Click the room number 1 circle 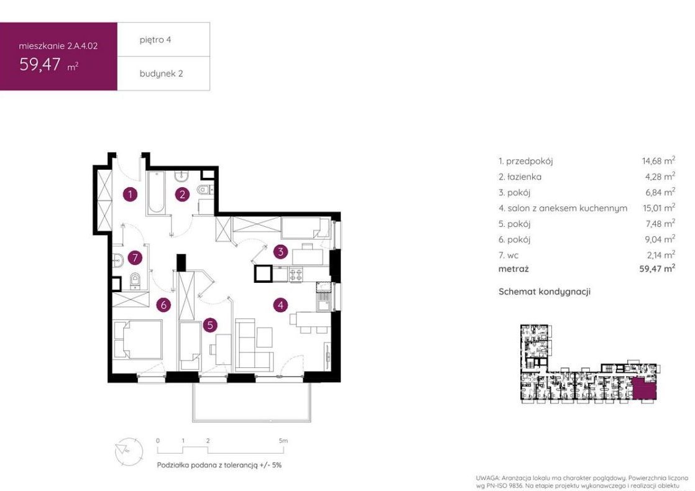coord(130,194)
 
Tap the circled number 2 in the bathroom coord(182,194)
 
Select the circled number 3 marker coord(280,252)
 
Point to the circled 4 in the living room coord(280,305)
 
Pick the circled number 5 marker coord(210,325)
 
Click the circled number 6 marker coord(163,305)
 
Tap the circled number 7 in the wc coord(135,257)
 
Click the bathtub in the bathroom coord(156,192)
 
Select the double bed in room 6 coord(138,339)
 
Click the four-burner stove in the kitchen coord(296,275)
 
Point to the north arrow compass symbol coord(129,451)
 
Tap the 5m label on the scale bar coord(283,441)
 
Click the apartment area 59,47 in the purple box coord(40,65)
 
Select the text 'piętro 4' coord(155,40)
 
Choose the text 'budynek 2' coord(162,73)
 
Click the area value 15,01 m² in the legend coord(659,208)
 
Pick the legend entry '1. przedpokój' coord(526,161)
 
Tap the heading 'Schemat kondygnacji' coord(545,291)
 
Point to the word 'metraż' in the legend coord(513,268)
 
